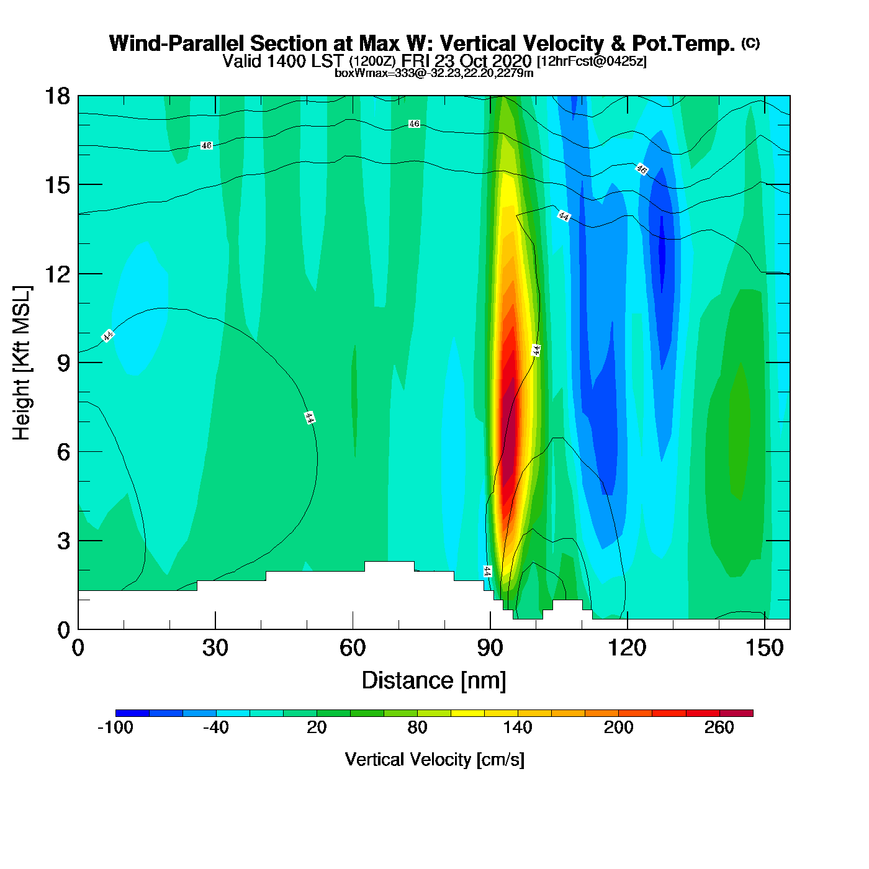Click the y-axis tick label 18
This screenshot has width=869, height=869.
tap(56, 96)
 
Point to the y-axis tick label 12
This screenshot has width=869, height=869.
tap(56, 274)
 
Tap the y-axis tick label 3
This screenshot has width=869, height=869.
tap(63, 541)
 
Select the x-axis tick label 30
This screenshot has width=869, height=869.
tap(215, 648)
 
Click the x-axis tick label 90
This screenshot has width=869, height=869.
tap(490, 648)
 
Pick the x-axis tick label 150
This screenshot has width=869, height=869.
tap(764, 648)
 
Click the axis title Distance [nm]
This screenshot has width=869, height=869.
tap(434, 681)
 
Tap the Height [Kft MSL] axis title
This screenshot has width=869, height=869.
tap(22, 363)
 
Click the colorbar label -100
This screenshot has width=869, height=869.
tap(115, 727)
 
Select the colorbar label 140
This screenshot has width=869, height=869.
tap(518, 727)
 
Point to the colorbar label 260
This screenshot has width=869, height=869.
tap(719, 727)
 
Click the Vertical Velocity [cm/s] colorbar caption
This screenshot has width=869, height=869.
tap(434, 760)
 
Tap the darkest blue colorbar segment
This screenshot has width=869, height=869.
tap(132, 713)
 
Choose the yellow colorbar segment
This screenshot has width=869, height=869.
tap(467, 713)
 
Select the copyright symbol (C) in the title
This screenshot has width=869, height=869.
tap(750, 43)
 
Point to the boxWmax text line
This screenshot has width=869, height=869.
tap(434, 73)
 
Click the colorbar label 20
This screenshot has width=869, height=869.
tap(317, 727)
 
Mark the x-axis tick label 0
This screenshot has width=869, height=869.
tap(78, 648)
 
